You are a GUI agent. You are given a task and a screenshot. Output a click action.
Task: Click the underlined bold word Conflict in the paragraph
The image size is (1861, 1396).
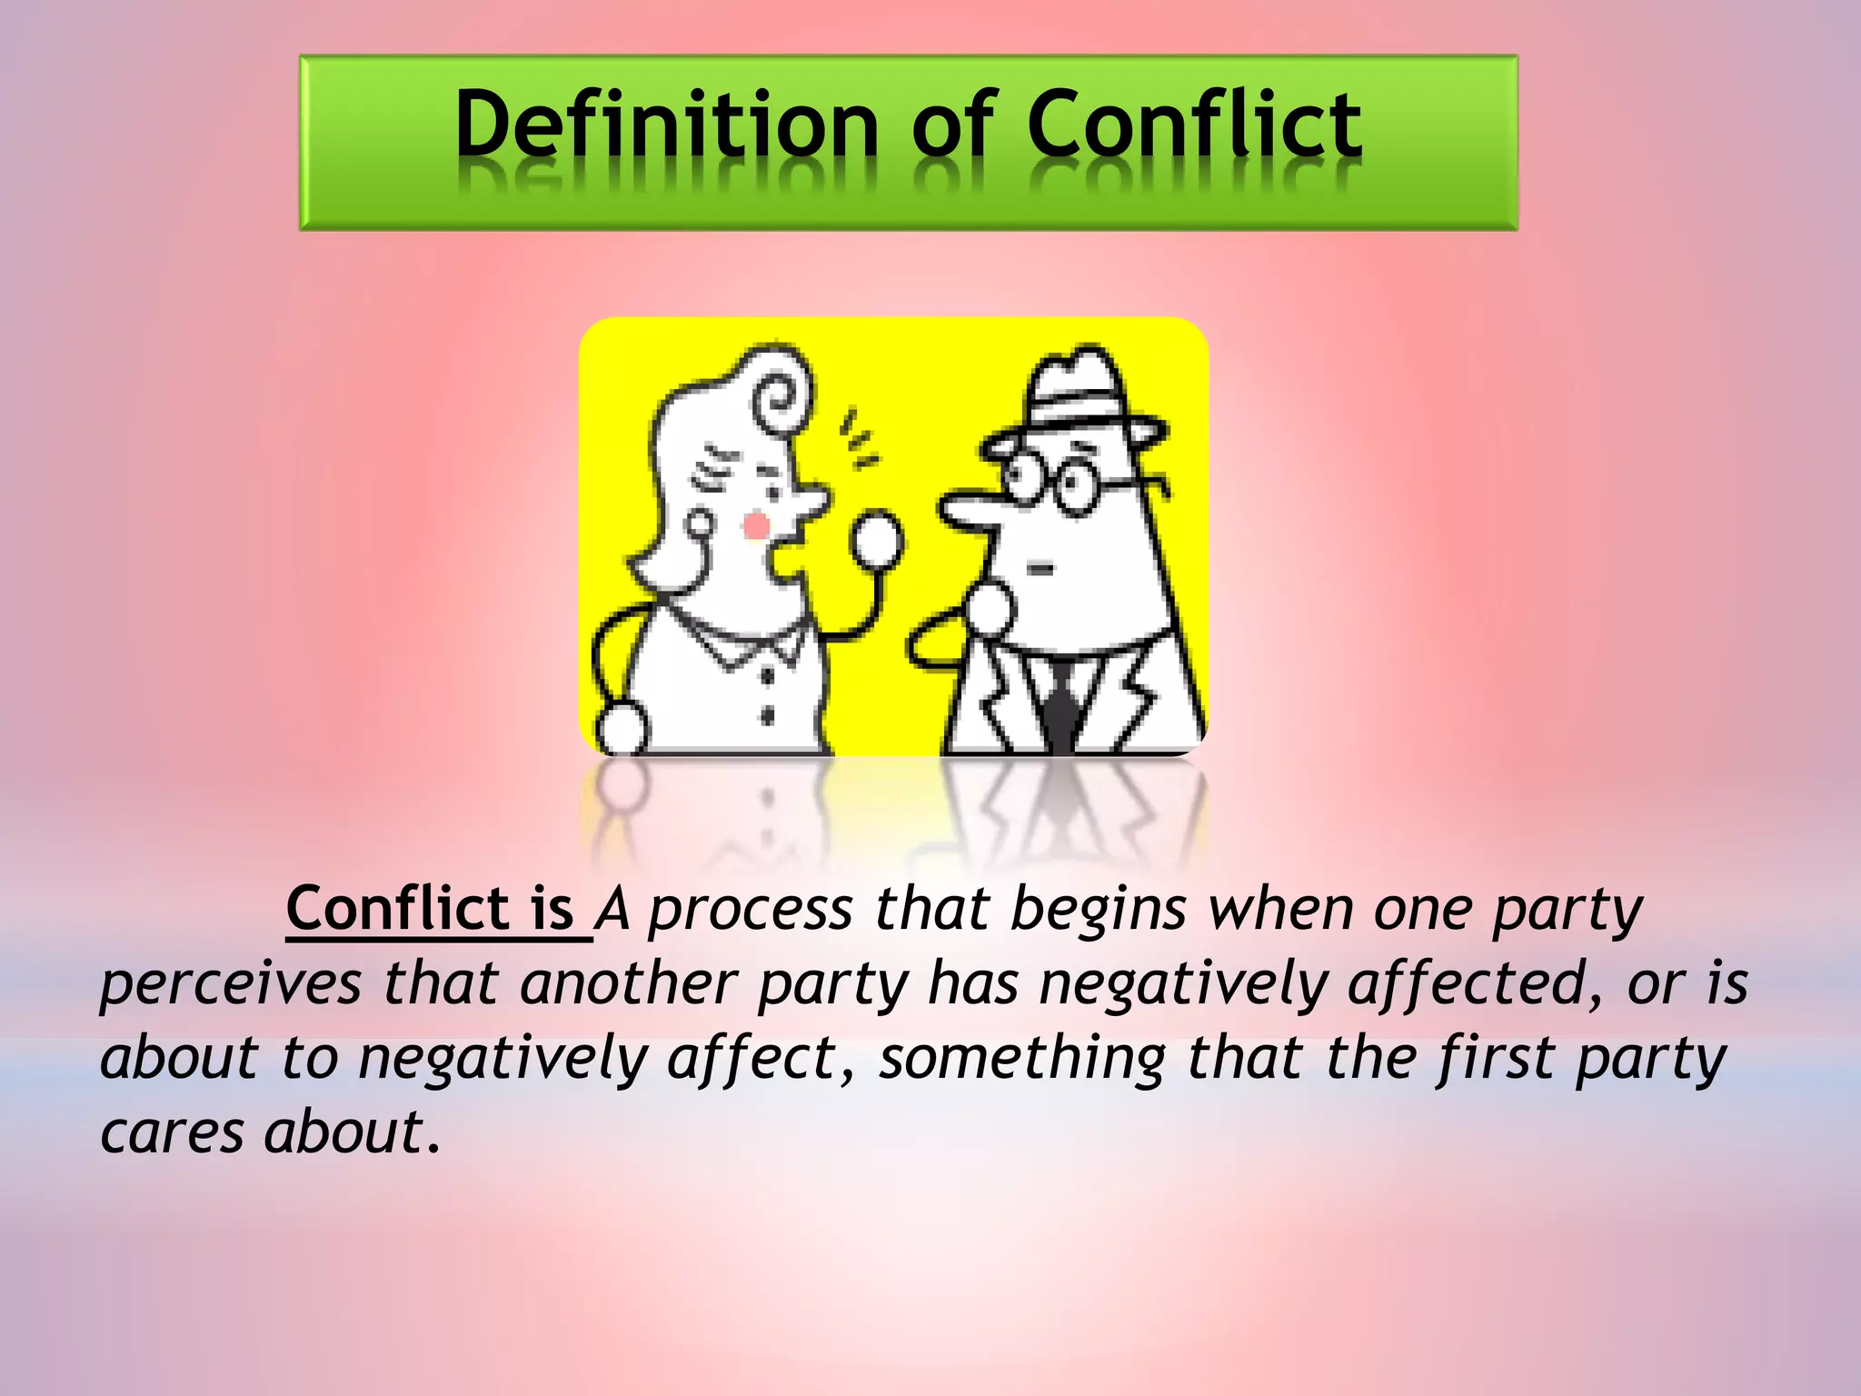click(x=398, y=908)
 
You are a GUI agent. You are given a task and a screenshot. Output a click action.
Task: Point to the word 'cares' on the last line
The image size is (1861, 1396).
click(x=173, y=1133)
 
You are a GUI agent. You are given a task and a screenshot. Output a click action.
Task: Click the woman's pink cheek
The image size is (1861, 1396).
click(x=756, y=526)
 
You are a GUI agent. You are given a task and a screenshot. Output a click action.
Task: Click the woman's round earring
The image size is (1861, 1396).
click(x=700, y=524)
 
